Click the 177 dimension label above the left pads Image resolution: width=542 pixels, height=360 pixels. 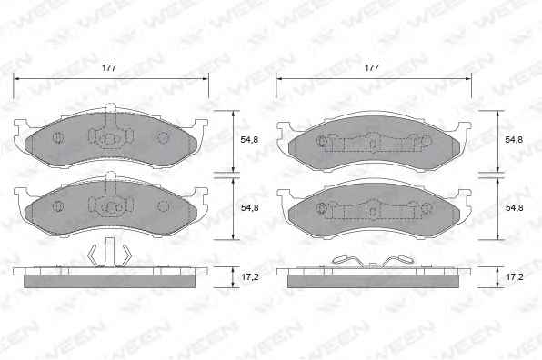(109, 67)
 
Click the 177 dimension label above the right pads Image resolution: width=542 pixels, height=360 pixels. (372, 67)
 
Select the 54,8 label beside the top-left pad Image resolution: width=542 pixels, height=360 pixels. (249, 140)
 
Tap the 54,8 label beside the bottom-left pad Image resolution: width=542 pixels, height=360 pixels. (249, 207)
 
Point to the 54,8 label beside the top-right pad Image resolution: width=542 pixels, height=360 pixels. (514, 140)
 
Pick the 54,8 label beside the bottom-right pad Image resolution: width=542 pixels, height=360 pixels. (514, 207)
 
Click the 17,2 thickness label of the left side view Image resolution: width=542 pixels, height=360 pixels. (249, 277)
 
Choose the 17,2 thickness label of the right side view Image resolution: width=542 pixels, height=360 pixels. (515, 277)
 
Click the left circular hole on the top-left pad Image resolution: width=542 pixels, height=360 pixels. (58, 138)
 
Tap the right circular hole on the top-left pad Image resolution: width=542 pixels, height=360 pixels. (163, 138)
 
